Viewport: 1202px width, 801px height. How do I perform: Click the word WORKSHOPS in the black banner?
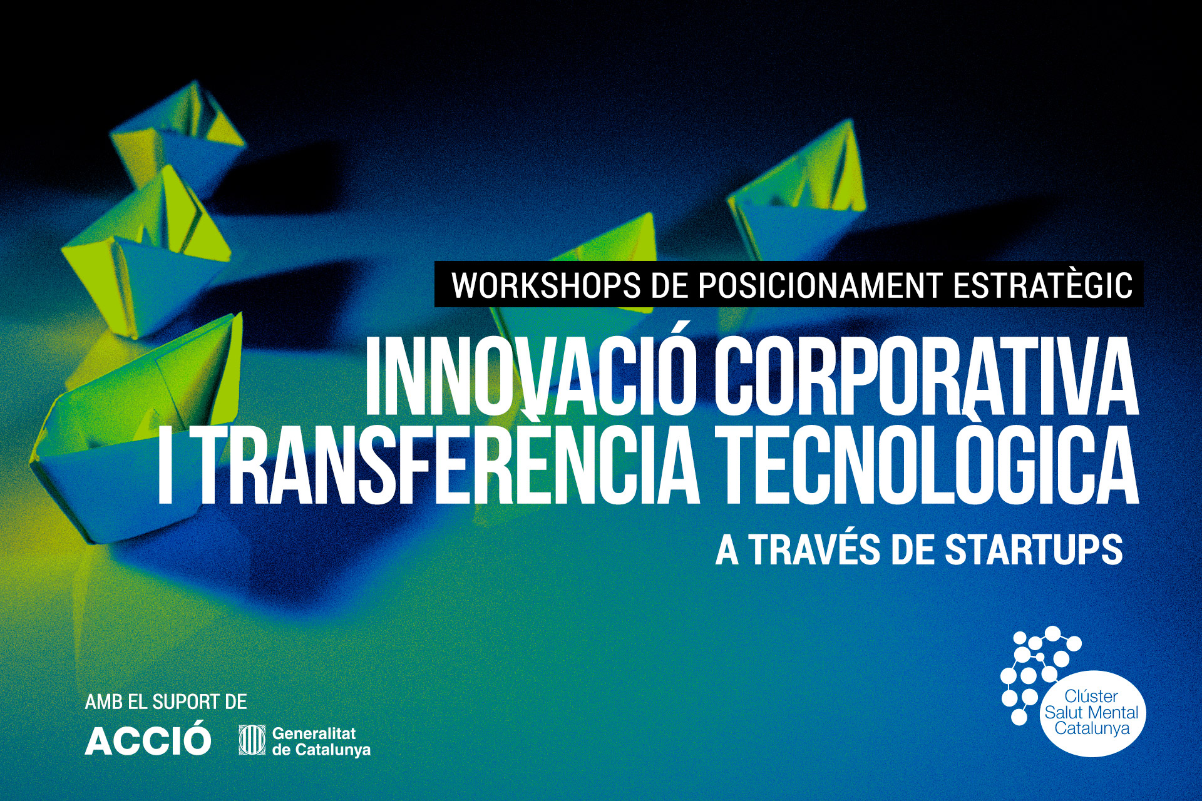point(546,285)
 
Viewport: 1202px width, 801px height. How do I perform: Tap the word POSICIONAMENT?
point(820,285)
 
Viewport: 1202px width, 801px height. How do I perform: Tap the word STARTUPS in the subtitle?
point(1034,550)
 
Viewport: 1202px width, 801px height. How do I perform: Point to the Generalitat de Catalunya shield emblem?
point(252,740)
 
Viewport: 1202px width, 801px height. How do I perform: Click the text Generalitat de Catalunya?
point(321,741)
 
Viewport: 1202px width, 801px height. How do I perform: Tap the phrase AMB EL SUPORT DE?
point(166,702)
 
